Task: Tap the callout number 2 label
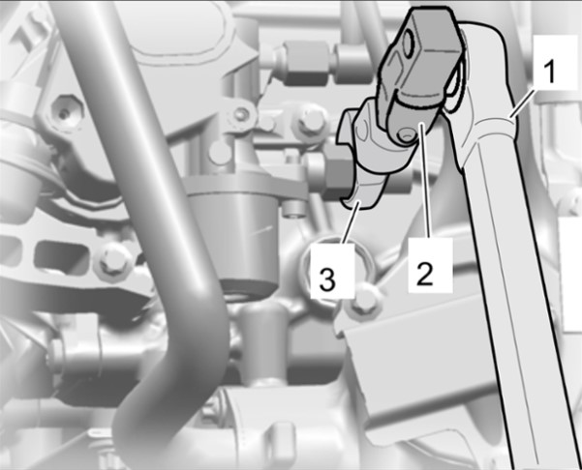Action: pos(430,266)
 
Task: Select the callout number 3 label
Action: pos(332,272)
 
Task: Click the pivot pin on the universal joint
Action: pos(406,135)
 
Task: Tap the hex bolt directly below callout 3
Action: pos(363,300)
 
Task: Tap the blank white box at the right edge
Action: pos(570,274)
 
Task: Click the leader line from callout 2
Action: pos(426,181)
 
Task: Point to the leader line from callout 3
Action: pos(352,222)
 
